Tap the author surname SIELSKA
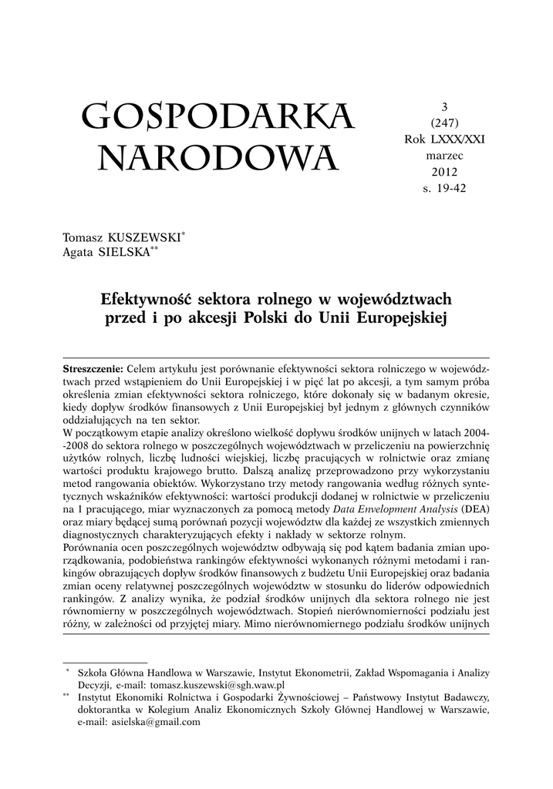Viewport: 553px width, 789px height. tap(128, 253)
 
